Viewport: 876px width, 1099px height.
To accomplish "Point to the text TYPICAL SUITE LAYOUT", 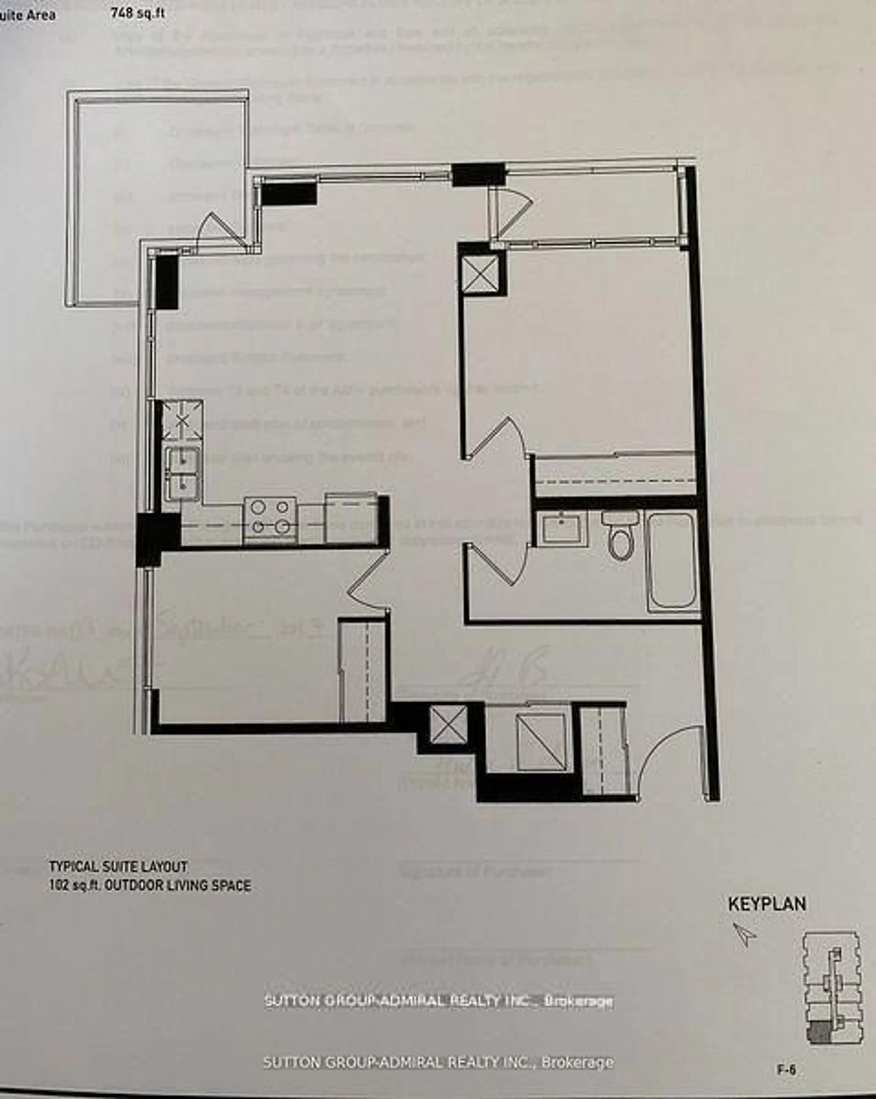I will click(118, 867).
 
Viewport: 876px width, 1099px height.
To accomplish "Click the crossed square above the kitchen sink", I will click(182, 421).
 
